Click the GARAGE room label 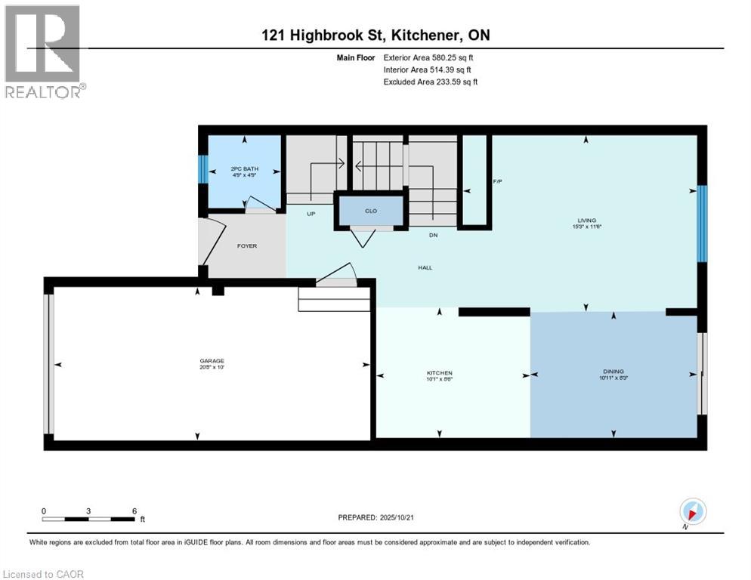[212, 361]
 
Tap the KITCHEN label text [439, 373]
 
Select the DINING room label [613, 371]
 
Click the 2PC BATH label [245, 168]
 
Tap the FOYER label [248, 245]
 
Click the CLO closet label [370, 211]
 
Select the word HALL [425, 267]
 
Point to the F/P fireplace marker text [497, 182]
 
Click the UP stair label [311, 214]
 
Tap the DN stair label [434, 235]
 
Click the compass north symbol [693, 511]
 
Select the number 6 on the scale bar [134, 511]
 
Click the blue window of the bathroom [202, 169]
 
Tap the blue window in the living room [701, 224]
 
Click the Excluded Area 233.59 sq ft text [431, 82]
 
